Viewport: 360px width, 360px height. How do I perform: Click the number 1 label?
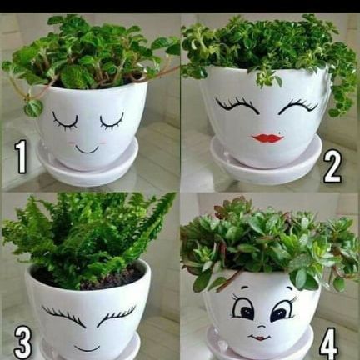coord(21,157)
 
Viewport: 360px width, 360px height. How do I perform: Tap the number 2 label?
coord(332,167)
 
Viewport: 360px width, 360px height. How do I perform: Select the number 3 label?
coord(22,343)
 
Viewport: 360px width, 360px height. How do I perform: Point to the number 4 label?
coord(328,344)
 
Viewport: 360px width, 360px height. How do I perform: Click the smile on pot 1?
coord(87,149)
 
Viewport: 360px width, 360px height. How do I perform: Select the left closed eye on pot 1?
coord(65,122)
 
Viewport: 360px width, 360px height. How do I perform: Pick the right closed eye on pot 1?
coord(112,122)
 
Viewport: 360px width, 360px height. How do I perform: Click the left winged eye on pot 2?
coord(236,106)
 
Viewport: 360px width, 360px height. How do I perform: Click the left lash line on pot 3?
coord(64,316)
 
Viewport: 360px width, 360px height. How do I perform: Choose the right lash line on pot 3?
coord(117,315)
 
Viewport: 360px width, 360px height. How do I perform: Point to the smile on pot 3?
coord(87,348)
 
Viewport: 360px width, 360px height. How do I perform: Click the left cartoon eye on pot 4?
coord(242,309)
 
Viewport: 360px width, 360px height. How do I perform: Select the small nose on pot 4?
coord(261,327)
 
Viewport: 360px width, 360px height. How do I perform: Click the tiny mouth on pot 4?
coord(260,337)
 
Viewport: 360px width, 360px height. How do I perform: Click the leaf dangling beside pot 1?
coord(33,107)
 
